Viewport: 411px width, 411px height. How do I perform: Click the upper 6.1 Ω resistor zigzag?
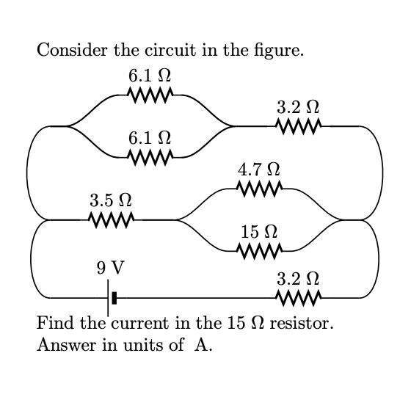pos(150,95)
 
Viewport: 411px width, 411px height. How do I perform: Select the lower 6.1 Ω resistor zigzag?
pos(150,156)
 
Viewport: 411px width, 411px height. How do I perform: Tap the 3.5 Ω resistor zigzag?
pos(111,219)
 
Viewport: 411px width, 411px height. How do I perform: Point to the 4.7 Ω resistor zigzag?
pos(259,189)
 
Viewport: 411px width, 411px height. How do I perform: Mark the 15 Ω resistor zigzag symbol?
pos(259,251)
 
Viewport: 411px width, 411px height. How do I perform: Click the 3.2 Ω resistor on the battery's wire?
pos(298,297)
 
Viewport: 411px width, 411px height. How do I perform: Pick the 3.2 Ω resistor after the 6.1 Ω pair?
pos(298,126)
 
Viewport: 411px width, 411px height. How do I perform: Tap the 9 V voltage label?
pos(110,268)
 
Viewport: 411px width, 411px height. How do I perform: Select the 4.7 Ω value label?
pos(259,170)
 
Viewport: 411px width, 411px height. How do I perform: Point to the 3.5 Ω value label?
pos(111,200)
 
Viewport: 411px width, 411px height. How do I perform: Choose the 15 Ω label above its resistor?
pos(259,232)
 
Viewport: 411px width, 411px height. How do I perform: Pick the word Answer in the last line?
pos(61,346)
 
